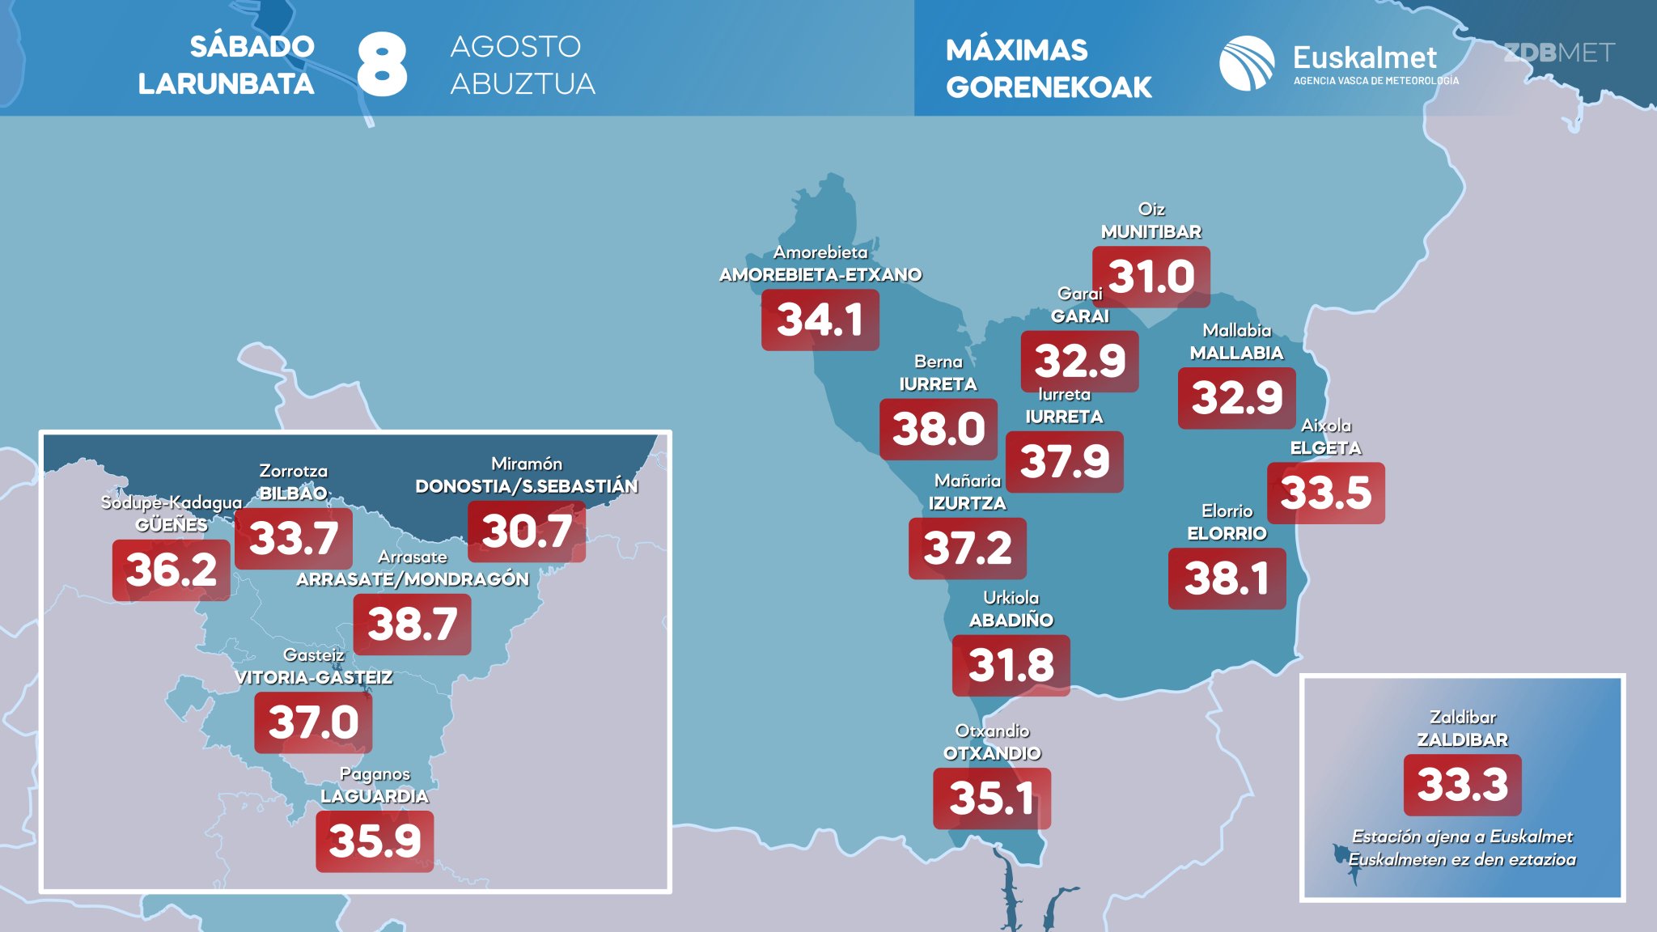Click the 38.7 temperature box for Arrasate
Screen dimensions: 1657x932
(413, 625)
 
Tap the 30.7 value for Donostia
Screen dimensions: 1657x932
(527, 532)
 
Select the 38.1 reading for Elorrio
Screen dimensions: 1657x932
(1227, 578)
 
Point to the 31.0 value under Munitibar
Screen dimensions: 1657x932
(1151, 277)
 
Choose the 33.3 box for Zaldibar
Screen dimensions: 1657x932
(1463, 785)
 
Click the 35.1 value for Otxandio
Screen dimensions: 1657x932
(992, 799)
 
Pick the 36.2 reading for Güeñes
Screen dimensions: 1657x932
(172, 570)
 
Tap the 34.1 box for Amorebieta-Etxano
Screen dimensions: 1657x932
(820, 320)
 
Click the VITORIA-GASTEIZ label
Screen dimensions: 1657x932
(314, 677)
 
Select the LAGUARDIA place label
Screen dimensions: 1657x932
(375, 796)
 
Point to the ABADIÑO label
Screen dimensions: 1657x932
(1011, 621)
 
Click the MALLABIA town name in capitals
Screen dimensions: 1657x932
(1237, 353)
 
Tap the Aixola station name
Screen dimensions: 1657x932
(1326, 426)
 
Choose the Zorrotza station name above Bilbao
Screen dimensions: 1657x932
(294, 471)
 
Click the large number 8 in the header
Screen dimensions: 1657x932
(382, 65)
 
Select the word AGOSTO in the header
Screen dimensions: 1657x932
(515, 46)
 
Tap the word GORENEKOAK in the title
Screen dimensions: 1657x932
(1049, 87)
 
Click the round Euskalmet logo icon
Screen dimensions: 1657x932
(1247, 63)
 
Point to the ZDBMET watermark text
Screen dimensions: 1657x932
(1559, 53)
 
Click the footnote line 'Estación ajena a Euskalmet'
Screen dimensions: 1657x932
(1463, 837)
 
